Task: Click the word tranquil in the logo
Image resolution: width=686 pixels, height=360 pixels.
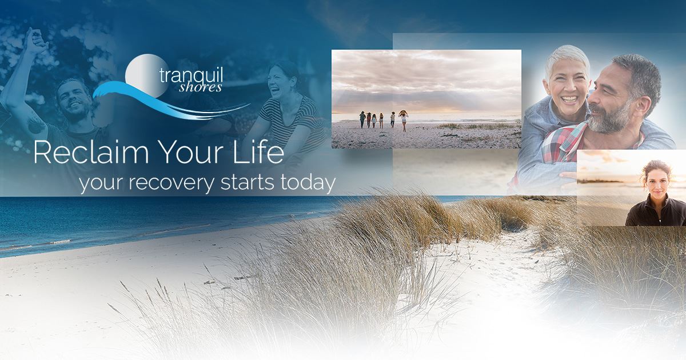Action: [191, 75]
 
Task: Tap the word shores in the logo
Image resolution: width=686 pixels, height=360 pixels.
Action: [200, 87]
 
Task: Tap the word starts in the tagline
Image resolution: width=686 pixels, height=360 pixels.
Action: [247, 183]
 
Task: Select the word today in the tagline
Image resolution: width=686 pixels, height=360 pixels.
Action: [308, 183]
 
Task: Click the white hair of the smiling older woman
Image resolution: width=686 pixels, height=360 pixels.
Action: [567, 59]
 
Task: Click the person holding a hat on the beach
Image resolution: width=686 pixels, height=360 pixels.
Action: [404, 121]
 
